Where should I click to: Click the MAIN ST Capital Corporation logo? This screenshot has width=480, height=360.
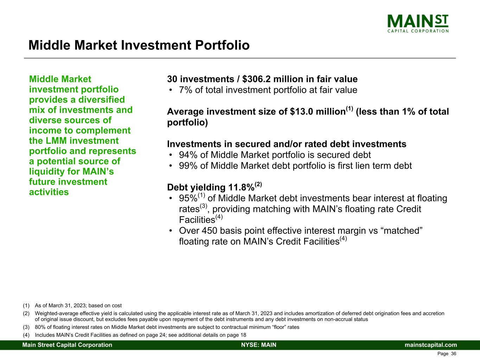point(418,24)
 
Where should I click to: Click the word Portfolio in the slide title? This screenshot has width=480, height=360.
point(222,45)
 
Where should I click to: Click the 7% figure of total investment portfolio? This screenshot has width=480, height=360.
point(185,90)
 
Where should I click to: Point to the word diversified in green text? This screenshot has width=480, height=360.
point(102,100)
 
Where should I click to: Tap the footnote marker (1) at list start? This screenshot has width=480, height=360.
point(26,306)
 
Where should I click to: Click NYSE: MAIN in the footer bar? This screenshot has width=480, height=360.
point(259,345)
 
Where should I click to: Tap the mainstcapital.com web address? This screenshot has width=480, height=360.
point(431,345)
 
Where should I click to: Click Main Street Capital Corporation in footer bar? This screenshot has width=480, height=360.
point(67,345)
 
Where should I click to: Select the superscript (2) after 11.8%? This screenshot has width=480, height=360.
point(258,184)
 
